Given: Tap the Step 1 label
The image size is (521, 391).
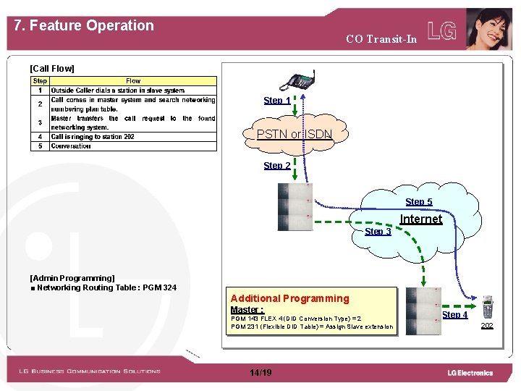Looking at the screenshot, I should (x=277, y=101).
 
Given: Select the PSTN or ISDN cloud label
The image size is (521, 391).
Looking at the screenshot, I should (x=294, y=134).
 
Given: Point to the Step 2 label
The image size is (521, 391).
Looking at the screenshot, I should (x=277, y=166).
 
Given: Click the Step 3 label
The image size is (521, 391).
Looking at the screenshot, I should (x=378, y=232).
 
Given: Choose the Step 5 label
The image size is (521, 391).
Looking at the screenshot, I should (x=419, y=202).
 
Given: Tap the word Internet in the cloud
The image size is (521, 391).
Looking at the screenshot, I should (x=421, y=219).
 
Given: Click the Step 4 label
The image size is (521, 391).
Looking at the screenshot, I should (x=454, y=315).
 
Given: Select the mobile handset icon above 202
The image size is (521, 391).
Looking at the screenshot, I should (x=487, y=307).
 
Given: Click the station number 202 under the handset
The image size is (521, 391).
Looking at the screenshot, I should (x=487, y=326).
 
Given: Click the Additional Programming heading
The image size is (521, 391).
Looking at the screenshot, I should (x=289, y=298).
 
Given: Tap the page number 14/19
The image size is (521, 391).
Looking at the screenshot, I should (x=260, y=372).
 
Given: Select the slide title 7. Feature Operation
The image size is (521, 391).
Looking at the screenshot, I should (x=84, y=25).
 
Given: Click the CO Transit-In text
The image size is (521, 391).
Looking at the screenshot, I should (x=381, y=39).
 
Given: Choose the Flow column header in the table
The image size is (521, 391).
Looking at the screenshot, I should (x=133, y=81).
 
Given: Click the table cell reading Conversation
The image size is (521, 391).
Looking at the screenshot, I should (x=71, y=146).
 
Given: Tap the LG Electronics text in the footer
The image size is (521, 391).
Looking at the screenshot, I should (x=470, y=373).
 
